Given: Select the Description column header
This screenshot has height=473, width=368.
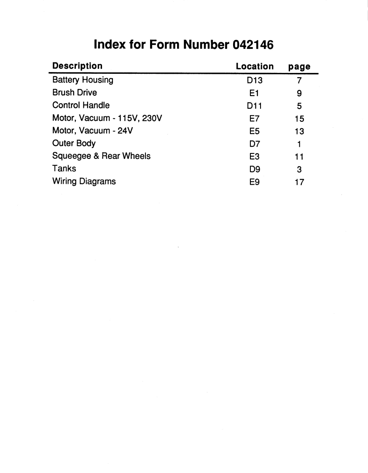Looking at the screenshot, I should click(77, 66).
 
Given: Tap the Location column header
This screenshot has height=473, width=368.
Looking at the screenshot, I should click(255, 66).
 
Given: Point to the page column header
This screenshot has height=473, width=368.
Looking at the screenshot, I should click(299, 67).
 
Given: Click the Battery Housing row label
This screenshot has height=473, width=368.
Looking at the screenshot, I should click(83, 80).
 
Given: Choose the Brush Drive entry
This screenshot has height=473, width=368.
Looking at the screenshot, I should click(74, 93).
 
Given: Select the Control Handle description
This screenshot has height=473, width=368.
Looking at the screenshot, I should click(81, 105).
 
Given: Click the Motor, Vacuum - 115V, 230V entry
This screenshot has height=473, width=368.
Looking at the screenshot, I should click(107, 118).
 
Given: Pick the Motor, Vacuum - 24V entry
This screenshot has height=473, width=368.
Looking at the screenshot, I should click(92, 131).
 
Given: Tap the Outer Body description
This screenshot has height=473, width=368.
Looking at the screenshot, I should click(74, 144).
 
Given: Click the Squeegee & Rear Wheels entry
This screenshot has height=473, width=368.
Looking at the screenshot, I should click(101, 156).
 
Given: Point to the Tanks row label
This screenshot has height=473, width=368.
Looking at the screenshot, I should click(64, 169).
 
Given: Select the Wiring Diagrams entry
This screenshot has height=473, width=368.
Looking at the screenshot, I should click(84, 182).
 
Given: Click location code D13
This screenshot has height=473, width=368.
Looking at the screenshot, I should click(255, 81).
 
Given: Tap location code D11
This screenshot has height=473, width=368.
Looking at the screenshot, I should click(255, 106).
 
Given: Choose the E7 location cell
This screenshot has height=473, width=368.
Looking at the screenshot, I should click(255, 118).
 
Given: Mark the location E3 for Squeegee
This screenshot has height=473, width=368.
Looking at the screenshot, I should click(255, 156).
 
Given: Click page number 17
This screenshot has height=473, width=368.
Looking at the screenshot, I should click(299, 182).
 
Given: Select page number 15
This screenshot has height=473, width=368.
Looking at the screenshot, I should click(299, 119).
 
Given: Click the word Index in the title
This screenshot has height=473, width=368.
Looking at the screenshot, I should click(110, 45).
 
